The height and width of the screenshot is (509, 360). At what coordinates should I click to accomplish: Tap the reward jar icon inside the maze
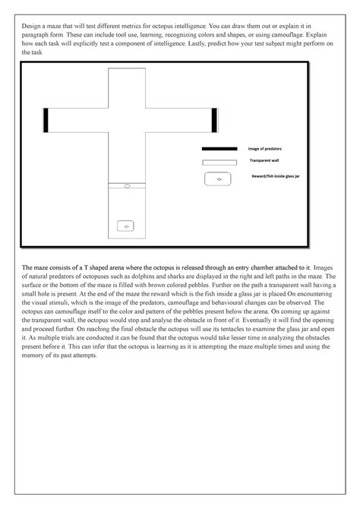pos(126,226)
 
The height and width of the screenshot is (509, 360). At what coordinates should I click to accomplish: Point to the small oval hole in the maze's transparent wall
pos(127,186)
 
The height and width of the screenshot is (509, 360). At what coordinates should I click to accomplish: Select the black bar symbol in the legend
pos(219,149)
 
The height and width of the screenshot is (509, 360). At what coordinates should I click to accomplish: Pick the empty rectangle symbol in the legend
pos(219,163)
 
